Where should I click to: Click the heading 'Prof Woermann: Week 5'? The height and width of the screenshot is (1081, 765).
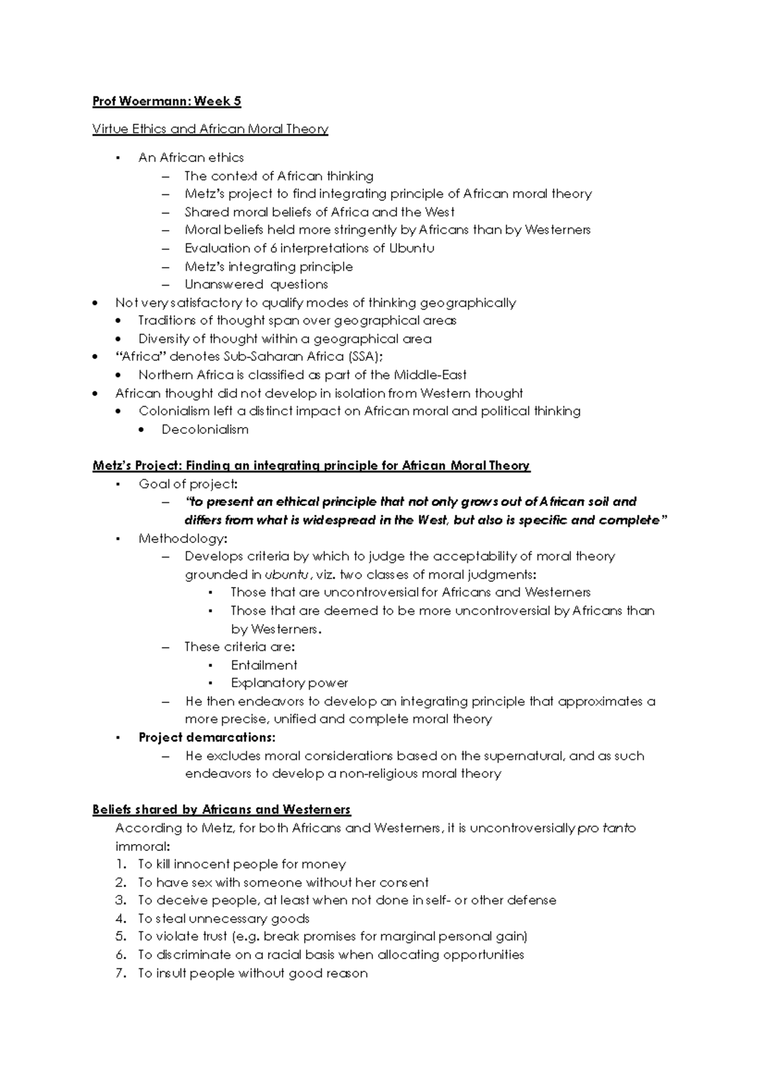(166, 101)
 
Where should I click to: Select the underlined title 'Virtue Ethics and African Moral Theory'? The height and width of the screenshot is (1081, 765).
(210, 129)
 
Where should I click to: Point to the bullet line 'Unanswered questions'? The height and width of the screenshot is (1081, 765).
(256, 284)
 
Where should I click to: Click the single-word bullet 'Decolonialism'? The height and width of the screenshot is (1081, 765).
(205, 430)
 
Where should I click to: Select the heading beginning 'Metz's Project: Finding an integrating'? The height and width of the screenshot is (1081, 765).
(311, 466)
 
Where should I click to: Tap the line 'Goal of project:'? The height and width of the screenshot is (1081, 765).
(188, 484)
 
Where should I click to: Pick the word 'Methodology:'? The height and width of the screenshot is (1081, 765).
(182, 539)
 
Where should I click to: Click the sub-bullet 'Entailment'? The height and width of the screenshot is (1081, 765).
(264, 665)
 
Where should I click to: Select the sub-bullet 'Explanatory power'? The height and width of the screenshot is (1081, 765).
(289, 683)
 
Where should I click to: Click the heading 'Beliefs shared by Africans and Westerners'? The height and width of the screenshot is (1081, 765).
(221, 810)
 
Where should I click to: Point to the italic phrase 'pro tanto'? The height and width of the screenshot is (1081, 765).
(606, 829)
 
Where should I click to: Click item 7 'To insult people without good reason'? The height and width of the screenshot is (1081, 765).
(252, 973)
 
